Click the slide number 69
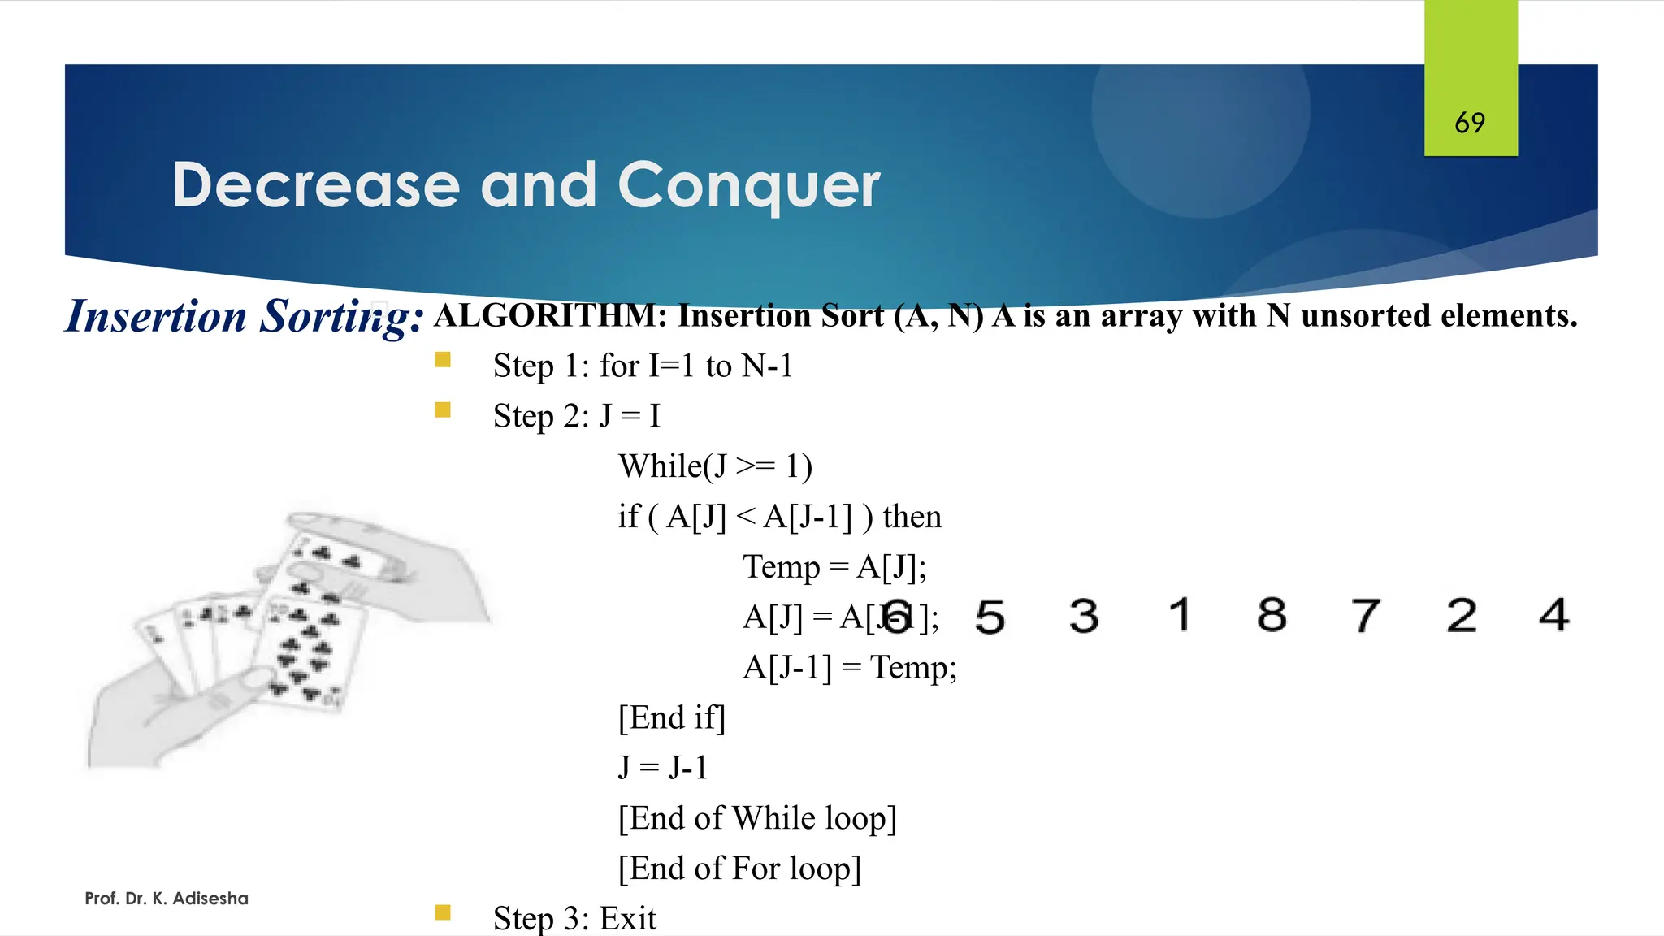tap(1470, 123)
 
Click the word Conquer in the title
tap(748, 185)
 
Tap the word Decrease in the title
tap(316, 185)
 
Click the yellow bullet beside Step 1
tap(443, 359)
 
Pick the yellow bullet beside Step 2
tap(443, 409)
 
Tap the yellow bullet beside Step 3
tap(443, 912)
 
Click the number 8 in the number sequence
tap(1272, 615)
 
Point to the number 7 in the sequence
tap(1366, 615)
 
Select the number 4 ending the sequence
tap(1553, 615)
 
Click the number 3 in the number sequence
tap(1084, 615)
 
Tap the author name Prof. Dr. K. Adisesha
tap(167, 899)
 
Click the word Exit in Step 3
tap(627, 918)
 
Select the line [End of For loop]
tap(739, 869)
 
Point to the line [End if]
tap(671, 718)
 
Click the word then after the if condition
tap(912, 517)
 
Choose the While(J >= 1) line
tap(715, 466)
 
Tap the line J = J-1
tap(663, 768)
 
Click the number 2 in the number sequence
tap(1460, 615)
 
